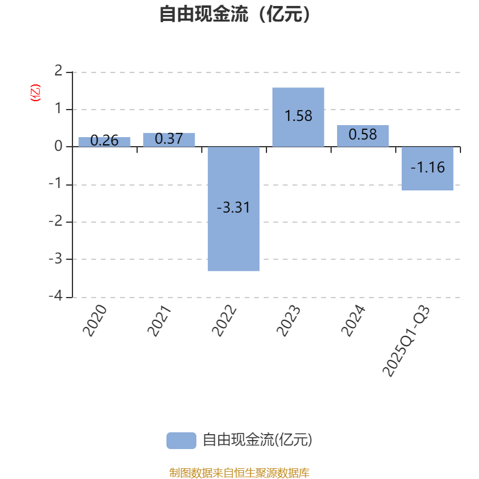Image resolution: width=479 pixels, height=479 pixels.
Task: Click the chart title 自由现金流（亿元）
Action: tap(235, 14)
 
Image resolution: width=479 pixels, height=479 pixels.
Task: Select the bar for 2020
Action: tap(104, 142)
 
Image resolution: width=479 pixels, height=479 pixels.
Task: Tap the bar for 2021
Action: tap(169, 140)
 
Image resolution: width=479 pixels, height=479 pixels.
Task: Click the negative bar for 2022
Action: tap(234, 208)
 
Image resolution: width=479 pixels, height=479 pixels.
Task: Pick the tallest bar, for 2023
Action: tap(298, 117)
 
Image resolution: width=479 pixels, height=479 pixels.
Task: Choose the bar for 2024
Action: tap(363, 136)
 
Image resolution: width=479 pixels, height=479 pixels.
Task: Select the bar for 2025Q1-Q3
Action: tap(428, 168)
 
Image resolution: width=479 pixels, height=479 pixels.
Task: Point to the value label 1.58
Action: tap(298, 116)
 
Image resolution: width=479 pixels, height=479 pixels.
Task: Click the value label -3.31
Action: tap(234, 207)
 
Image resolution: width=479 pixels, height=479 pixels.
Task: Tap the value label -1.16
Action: tap(428, 168)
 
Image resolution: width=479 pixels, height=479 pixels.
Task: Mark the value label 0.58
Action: tap(363, 134)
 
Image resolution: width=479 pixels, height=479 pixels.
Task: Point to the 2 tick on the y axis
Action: tap(58, 71)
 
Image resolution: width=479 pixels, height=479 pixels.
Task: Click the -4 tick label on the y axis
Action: tap(56, 296)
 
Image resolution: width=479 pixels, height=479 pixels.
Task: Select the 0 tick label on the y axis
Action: tap(58, 146)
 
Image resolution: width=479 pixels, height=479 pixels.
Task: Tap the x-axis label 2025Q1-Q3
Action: tap(407, 341)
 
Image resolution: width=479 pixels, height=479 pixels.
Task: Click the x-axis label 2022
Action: tap(224, 320)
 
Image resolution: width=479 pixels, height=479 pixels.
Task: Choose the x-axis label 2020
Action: tap(95, 320)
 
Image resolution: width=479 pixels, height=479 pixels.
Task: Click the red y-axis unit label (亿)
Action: tap(35, 93)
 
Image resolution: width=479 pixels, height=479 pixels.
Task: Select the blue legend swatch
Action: tap(181, 441)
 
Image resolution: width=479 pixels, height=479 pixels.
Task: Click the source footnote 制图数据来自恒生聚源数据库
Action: tap(239, 472)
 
